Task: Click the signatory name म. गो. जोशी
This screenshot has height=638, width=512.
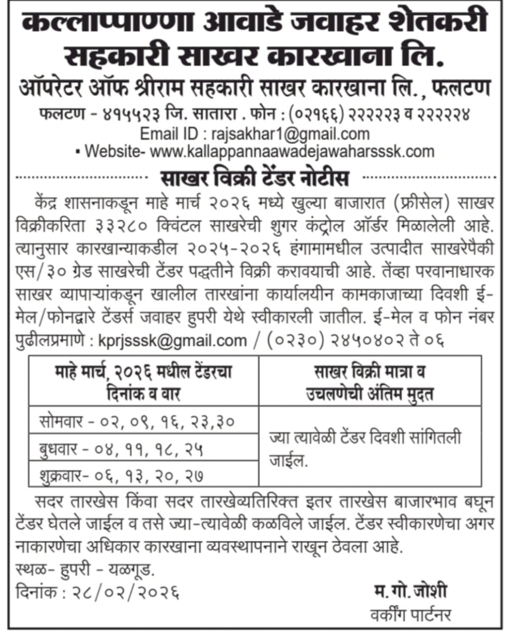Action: [x=411, y=592]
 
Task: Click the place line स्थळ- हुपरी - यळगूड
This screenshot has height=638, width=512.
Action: [x=85, y=570]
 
